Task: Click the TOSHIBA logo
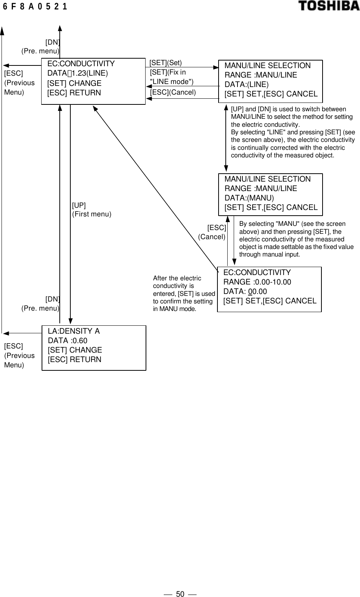click(x=329, y=6)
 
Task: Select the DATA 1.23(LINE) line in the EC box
click(x=78, y=73)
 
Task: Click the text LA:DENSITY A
click(x=74, y=331)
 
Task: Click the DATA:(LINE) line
click(x=247, y=84)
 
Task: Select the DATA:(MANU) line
click(x=249, y=198)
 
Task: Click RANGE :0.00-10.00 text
click(x=257, y=282)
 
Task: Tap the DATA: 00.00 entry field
click(x=245, y=292)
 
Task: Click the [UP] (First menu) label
click(x=92, y=210)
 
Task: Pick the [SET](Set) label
click(x=166, y=63)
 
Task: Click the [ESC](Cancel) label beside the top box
click(x=173, y=92)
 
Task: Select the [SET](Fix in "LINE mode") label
click(x=172, y=77)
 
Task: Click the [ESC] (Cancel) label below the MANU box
click(x=212, y=232)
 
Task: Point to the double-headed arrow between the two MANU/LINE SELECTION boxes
click(x=226, y=138)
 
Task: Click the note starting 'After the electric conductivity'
click(x=184, y=294)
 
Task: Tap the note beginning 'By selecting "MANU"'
click(x=296, y=239)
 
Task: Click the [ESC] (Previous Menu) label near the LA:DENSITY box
click(x=19, y=356)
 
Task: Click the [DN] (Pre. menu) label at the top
click(x=40, y=47)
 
